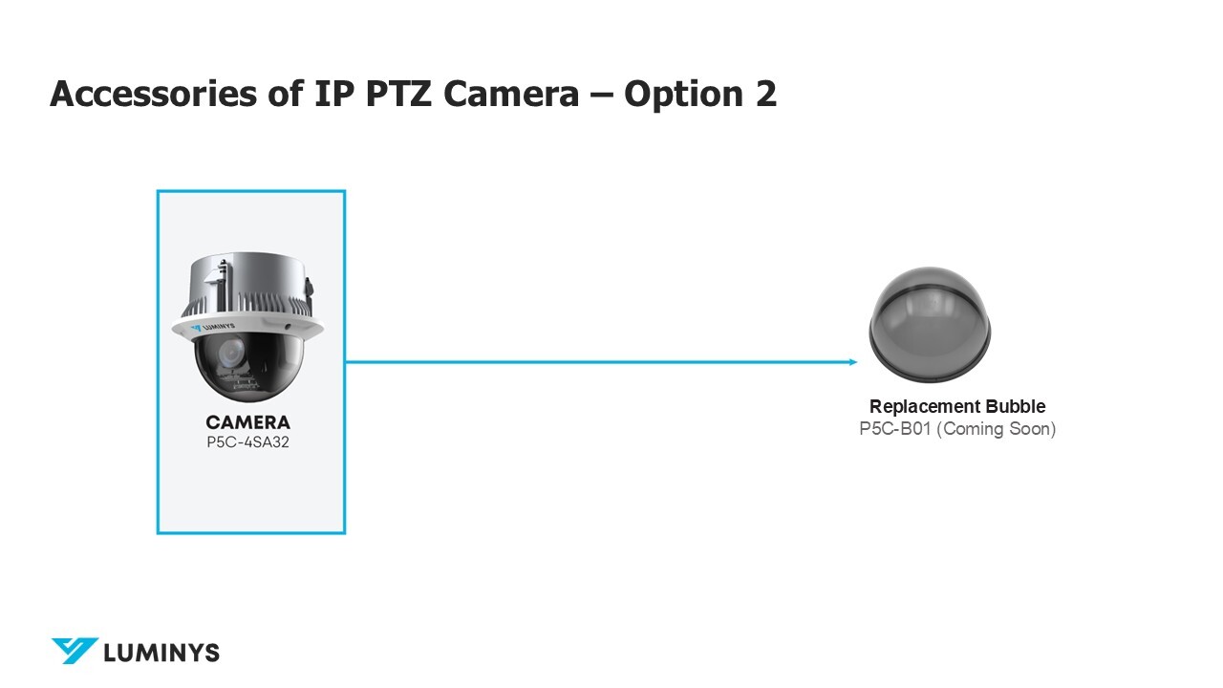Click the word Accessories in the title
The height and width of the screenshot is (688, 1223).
coord(153,94)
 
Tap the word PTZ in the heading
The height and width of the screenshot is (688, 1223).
coord(398,94)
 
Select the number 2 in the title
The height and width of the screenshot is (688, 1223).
coord(766,94)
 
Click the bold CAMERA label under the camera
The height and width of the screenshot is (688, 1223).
coord(247,422)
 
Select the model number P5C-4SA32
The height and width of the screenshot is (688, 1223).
coord(247,441)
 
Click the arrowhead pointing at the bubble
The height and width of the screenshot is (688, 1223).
coord(853,361)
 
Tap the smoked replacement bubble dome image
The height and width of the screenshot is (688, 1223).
coord(930,323)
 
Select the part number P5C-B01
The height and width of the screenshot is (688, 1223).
coord(895,429)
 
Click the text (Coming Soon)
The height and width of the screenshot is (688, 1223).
coord(997,429)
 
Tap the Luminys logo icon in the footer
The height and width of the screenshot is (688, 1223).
coord(75,651)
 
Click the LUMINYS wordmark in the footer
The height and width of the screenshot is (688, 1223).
coord(161,653)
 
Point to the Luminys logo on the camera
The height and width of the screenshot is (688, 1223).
coord(213,328)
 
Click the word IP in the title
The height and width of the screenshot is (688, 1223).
coord(334,94)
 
